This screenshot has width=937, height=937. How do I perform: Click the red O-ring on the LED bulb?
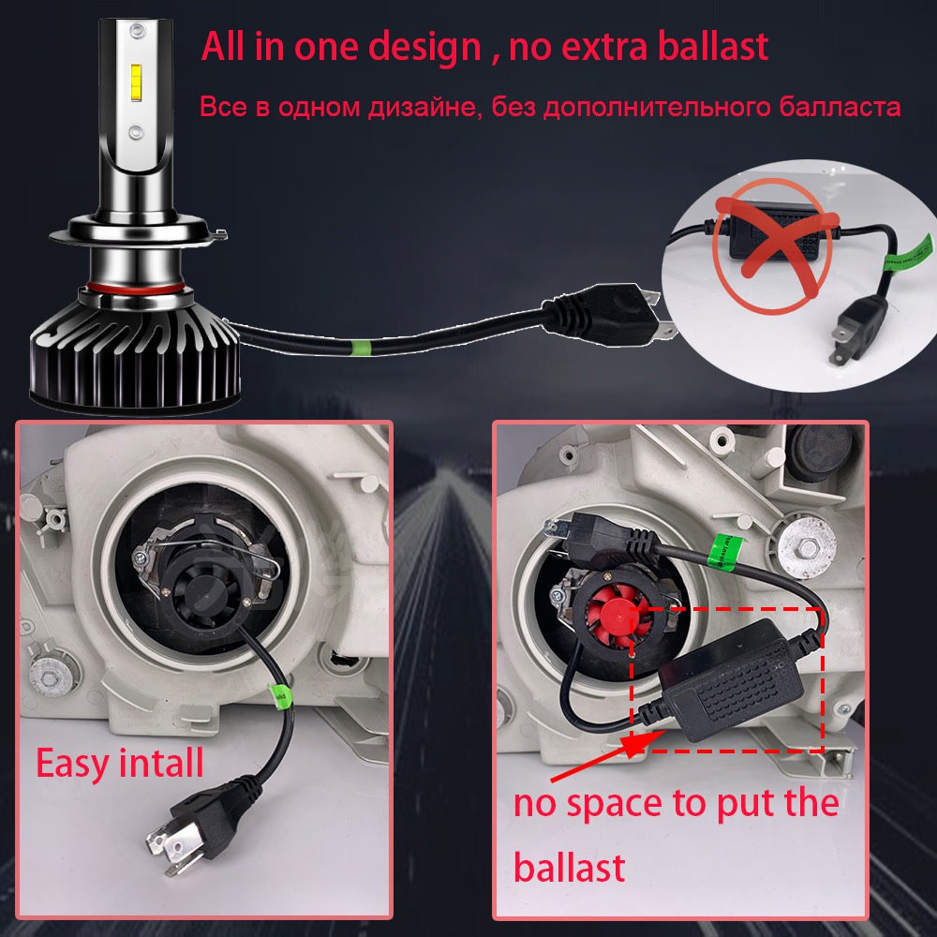click(136, 289)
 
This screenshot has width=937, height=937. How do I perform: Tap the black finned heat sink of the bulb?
click(135, 351)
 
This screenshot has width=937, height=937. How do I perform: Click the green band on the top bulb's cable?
click(361, 347)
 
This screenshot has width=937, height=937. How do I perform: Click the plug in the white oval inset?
click(855, 329)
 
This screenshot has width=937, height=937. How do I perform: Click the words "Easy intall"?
click(120, 764)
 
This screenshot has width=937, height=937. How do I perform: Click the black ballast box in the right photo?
click(735, 681)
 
